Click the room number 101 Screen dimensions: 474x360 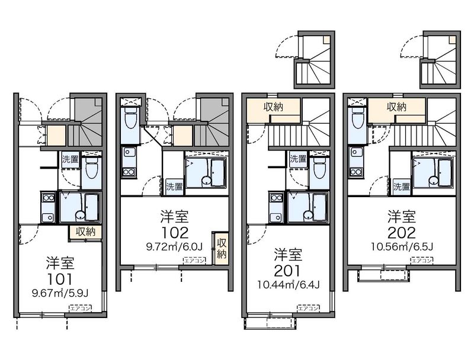[60, 279]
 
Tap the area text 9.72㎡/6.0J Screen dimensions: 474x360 [174, 247]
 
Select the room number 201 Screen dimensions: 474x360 [288, 271]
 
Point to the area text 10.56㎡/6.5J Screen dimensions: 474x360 [402, 247]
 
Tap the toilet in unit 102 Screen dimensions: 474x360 [130, 118]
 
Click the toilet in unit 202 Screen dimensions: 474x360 [358, 118]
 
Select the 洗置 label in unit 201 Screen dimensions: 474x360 [298, 159]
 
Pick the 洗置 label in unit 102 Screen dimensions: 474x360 [174, 187]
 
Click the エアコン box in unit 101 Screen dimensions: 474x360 [81, 308]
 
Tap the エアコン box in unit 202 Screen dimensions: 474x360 [421, 261]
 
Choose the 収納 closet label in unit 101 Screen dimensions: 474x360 [85, 232]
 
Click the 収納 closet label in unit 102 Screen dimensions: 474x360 [222, 248]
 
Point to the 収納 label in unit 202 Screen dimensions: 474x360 [396, 107]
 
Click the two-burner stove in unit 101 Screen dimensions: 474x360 [49, 198]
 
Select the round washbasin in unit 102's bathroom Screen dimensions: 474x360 [206, 181]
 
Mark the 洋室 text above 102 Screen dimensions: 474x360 [174, 217]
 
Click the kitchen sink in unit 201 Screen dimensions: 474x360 [276, 217]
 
